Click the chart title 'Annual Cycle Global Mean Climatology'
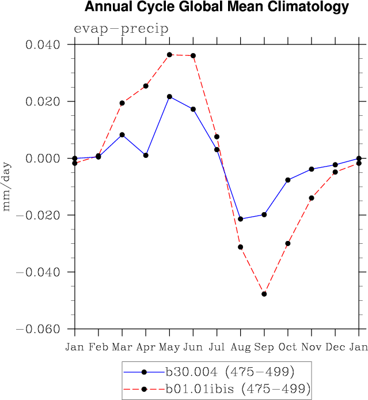click(217, 7)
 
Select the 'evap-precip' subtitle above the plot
click(120, 29)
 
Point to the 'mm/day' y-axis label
click(7, 191)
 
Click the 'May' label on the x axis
click(169, 347)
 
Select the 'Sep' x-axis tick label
click(264, 347)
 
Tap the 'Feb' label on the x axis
click(98, 347)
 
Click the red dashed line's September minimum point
click(264, 294)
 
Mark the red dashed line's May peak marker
click(169, 55)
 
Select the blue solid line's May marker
click(169, 96)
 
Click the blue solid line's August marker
click(240, 219)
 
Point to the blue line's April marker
click(146, 155)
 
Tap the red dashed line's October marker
click(288, 243)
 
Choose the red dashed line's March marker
click(122, 103)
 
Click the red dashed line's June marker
click(193, 55)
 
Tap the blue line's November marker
click(312, 169)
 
